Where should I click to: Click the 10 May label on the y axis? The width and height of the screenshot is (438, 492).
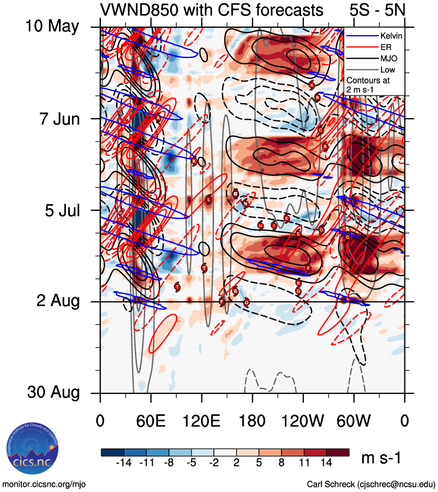pyautogui.click(x=52, y=26)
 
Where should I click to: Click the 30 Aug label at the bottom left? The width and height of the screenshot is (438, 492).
pyautogui.click(x=52, y=392)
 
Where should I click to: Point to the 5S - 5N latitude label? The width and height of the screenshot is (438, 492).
pyautogui.click(x=377, y=10)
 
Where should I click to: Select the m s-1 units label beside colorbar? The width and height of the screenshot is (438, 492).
pyautogui.click(x=381, y=458)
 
